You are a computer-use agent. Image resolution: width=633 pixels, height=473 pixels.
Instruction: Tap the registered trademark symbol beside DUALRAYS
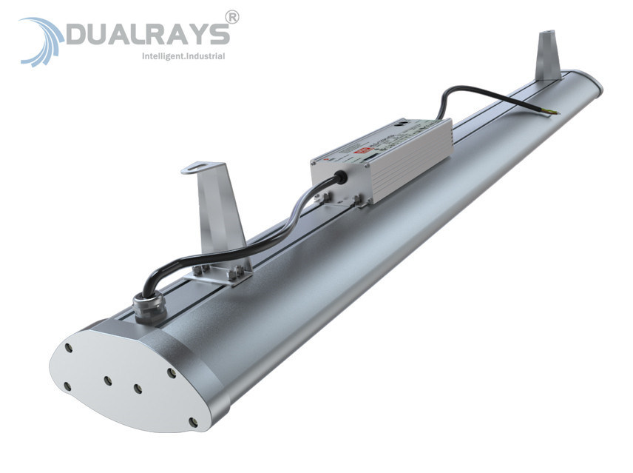231,17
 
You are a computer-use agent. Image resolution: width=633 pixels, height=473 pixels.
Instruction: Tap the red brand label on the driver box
364,148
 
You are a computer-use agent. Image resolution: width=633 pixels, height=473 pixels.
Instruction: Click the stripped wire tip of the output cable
554,113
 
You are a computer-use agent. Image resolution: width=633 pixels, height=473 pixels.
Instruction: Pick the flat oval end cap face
118,378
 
